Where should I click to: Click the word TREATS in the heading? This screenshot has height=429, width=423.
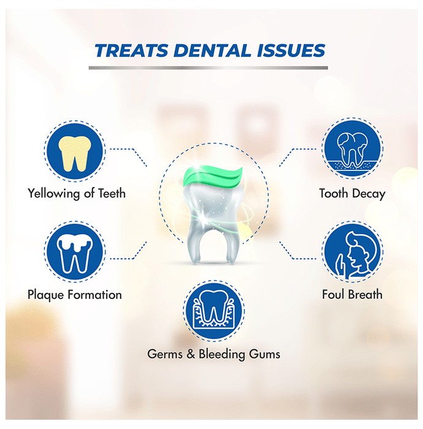131,51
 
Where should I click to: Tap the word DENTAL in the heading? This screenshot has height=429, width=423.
211,51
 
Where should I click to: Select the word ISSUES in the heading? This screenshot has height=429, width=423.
291,51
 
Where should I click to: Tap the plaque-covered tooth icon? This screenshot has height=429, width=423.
74,252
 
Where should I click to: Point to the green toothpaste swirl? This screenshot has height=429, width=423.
213,177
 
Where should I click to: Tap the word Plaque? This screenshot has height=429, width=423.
46,295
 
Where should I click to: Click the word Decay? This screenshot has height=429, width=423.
369,194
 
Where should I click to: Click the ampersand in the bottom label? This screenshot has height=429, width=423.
191,354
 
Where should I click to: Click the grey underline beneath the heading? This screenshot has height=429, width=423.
208,68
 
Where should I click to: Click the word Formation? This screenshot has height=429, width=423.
94,295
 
